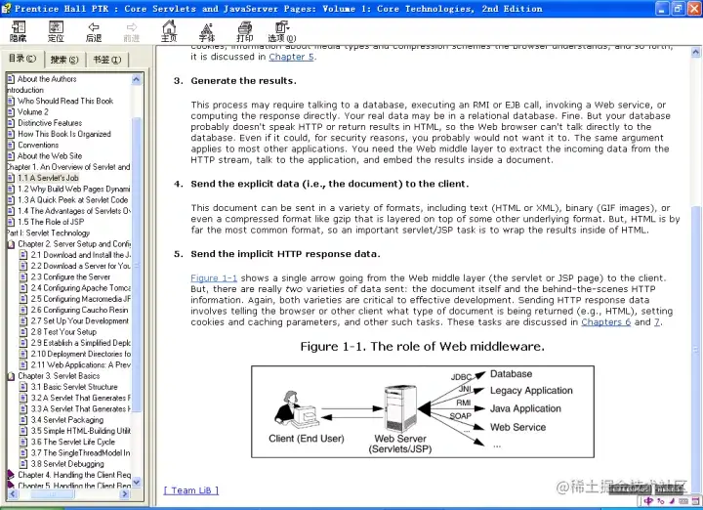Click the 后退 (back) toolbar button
click(x=94, y=31)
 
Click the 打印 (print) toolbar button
click(x=244, y=31)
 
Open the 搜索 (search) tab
click(x=64, y=60)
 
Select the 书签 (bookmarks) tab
click(x=106, y=60)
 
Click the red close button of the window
click(x=690, y=9)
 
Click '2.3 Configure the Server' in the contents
click(x=70, y=277)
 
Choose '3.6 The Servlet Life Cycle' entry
click(x=72, y=442)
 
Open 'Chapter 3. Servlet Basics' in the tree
click(x=59, y=376)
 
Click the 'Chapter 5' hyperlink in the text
click(x=292, y=57)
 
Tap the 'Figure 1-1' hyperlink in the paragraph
click(x=214, y=278)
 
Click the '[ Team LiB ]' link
click(x=191, y=490)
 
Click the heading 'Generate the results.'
click(x=243, y=81)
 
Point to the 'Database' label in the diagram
click(x=511, y=374)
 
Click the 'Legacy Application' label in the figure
click(x=531, y=391)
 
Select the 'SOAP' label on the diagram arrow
click(x=461, y=416)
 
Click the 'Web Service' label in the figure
click(x=517, y=427)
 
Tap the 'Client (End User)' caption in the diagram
click(x=307, y=439)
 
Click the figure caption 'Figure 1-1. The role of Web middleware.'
click(x=422, y=347)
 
